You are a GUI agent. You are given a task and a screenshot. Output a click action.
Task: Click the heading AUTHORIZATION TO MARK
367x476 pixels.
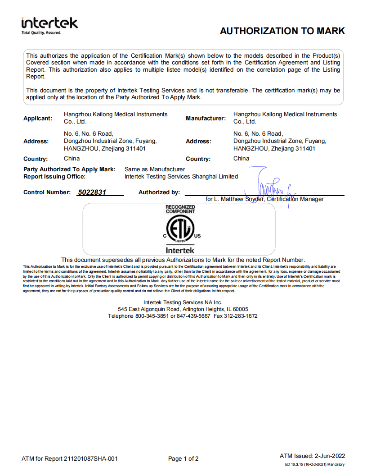[282, 31]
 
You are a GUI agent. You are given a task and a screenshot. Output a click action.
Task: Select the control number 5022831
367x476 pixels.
[92, 192]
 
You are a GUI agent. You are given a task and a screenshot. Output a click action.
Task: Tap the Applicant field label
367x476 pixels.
[38, 118]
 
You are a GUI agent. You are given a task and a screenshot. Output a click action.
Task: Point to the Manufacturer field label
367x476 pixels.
[206, 118]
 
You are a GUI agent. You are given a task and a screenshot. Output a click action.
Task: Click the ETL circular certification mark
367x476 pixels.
[179, 230]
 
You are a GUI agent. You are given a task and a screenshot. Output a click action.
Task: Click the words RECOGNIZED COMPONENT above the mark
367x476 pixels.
[180, 209]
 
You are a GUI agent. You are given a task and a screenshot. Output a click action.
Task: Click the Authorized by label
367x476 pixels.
[159, 192]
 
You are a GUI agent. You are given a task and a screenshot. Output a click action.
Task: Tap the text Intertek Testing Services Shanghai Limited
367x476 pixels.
[181, 177]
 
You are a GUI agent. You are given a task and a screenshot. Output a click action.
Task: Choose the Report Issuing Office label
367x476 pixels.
[54, 177]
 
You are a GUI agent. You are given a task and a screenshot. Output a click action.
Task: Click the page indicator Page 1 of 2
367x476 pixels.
[183, 459]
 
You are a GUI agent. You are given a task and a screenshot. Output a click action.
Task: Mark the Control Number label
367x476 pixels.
[47, 192]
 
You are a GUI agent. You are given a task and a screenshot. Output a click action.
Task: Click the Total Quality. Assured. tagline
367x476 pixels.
[41, 32]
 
